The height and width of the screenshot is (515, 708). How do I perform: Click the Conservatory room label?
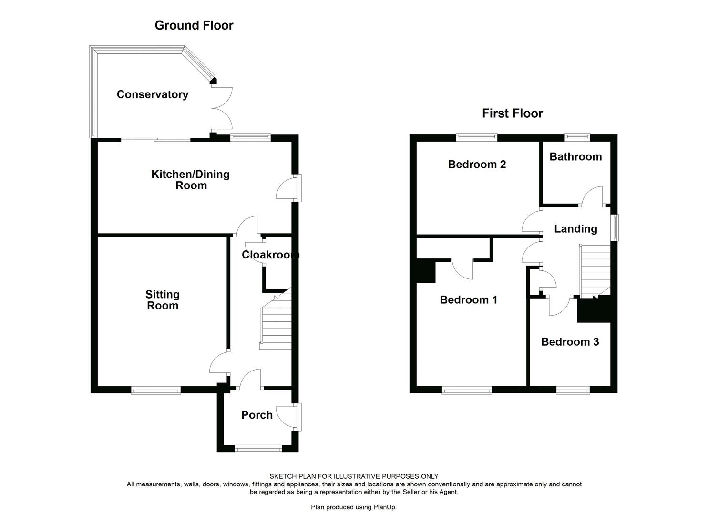[152, 94]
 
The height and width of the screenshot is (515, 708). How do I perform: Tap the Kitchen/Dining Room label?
[190, 180]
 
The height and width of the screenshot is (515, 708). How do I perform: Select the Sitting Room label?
[163, 300]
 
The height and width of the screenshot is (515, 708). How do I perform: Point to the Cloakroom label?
[270, 255]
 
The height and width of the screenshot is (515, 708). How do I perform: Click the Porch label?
[257, 415]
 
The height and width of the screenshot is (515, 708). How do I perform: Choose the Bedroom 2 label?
[477, 165]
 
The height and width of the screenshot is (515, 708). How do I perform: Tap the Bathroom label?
[575, 156]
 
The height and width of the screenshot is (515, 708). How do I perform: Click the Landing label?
[575, 229]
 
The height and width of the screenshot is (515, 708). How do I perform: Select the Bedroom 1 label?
[468, 299]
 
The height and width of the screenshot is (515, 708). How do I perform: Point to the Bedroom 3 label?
[570, 342]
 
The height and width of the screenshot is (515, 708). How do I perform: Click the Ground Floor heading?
[194, 25]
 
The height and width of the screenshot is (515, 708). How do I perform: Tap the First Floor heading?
[512, 113]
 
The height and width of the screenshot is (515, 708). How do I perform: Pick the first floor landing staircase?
[595, 269]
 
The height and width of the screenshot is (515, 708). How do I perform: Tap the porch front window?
[258, 448]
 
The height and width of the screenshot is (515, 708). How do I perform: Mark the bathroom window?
[577, 138]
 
